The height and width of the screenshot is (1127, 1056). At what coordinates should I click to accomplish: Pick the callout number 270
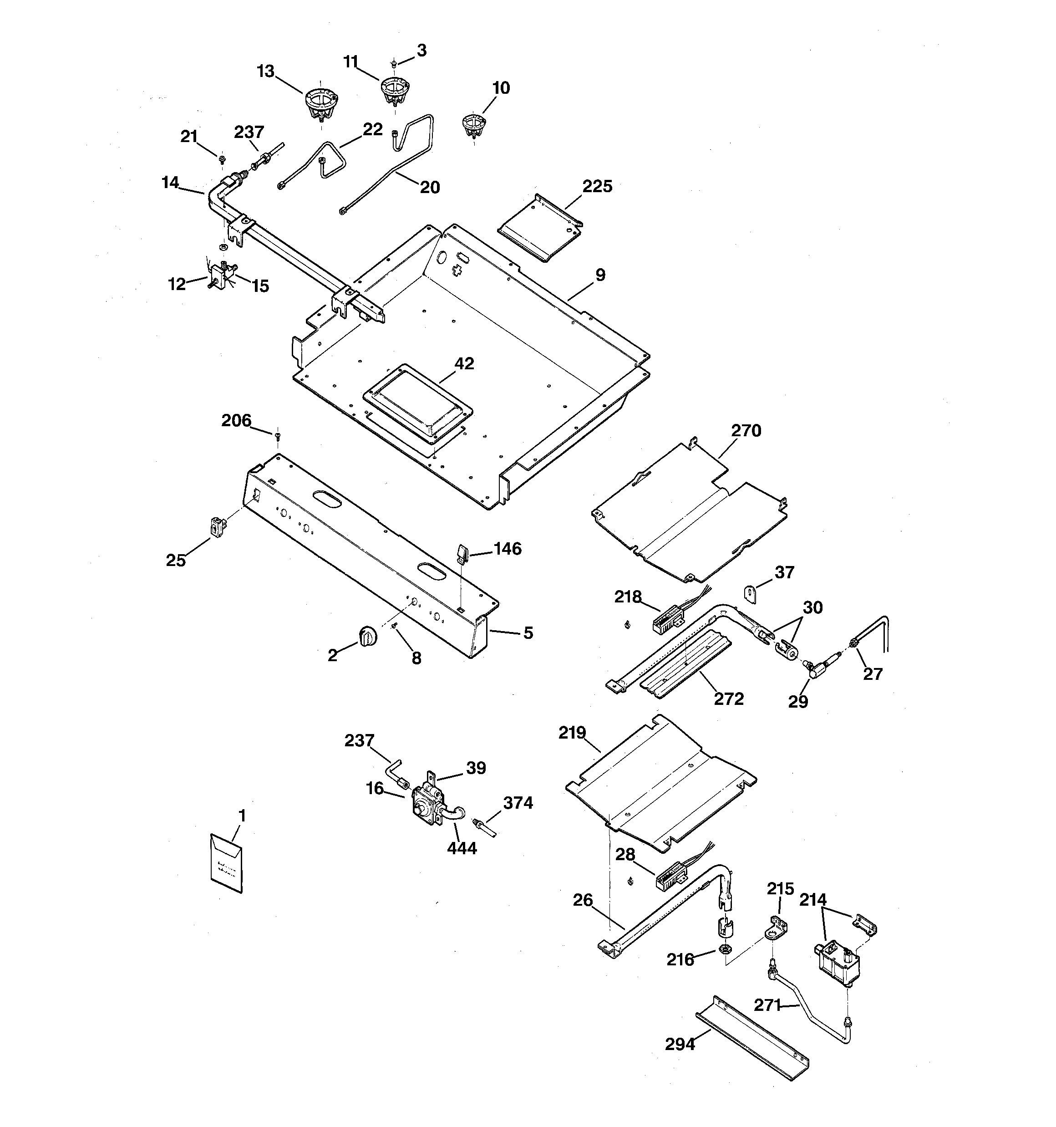746,431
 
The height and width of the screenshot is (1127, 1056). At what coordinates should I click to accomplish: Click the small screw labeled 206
278,436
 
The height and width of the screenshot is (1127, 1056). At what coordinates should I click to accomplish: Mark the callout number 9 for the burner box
600,275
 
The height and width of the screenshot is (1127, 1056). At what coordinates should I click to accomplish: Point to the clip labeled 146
462,553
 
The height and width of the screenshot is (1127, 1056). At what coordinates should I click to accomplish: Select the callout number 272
728,699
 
